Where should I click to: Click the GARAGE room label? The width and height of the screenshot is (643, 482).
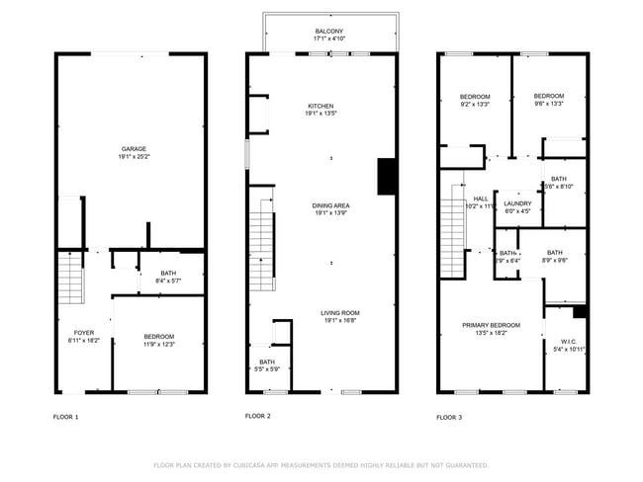pos(133,149)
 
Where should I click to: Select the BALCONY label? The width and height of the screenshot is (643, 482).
pos(329,33)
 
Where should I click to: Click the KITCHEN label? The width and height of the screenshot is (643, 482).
pos(320,106)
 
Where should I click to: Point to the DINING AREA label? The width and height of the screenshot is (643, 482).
pos(331,205)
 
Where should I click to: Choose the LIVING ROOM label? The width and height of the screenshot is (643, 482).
pos(339,314)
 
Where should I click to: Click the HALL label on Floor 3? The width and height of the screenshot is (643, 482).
pos(481,199)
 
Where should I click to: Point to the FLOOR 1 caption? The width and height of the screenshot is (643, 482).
pos(65,417)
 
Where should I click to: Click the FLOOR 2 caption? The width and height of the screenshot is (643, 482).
pos(257,416)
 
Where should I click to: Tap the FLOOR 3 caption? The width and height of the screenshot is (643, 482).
pos(449,417)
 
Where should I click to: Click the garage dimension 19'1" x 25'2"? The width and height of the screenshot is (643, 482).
pos(133,157)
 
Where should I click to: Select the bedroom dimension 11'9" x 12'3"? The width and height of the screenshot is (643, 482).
pos(160,345)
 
